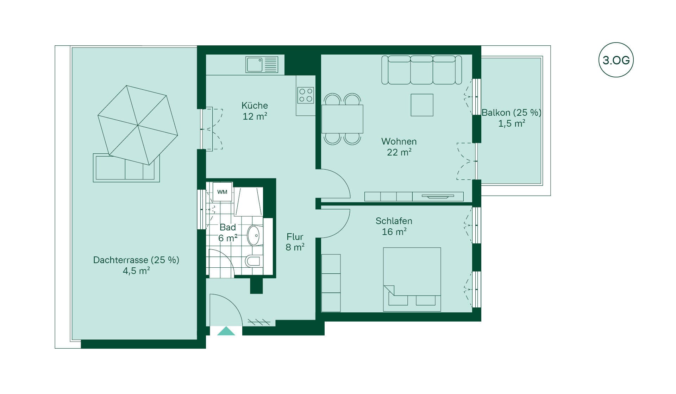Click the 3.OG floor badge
click(616, 60)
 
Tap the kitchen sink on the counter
click(262, 64)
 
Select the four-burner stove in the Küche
click(305, 95)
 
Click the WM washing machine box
click(222, 192)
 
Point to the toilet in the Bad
click(255, 261)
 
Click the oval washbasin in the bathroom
click(254, 235)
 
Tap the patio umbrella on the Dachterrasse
click(138, 125)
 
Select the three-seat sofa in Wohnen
click(421, 70)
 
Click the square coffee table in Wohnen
click(422, 105)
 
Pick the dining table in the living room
click(342, 119)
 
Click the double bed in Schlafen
click(412, 279)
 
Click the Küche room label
click(255, 106)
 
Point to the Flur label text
click(295, 237)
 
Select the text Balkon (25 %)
click(511, 113)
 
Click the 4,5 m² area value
click(136, 271)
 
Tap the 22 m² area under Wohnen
click(399, 152)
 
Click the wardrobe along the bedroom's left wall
click(331, 283)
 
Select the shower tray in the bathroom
click(249, 202)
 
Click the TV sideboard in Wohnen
click(414, 196)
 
